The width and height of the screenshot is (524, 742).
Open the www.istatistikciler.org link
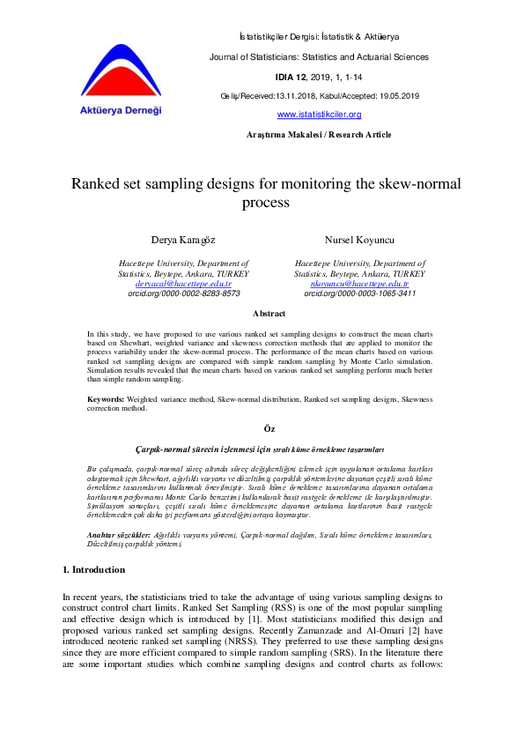click(319, 115)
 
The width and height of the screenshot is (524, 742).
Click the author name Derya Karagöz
click(182, 240)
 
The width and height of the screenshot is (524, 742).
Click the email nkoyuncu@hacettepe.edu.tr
click(358, 284)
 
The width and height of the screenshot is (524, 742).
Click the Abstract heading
click(269, 314)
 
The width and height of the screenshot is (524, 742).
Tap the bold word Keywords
click(105, 399)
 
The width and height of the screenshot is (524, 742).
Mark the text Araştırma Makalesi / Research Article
click(319, 135)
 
